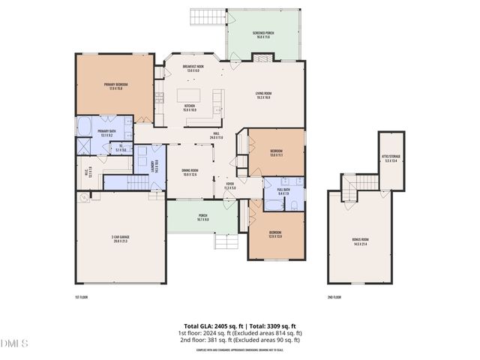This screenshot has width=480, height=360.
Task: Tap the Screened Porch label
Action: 262,35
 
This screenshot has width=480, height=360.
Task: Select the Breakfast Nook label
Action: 194,69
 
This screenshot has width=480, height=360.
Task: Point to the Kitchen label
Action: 190,107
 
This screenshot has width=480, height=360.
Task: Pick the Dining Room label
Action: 190,172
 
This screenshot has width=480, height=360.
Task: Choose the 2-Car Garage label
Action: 119,240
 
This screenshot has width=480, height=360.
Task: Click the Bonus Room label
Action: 361,242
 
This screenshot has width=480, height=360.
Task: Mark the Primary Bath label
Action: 106,132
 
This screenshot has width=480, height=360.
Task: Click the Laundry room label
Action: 154,165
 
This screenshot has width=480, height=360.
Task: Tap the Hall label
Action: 216,136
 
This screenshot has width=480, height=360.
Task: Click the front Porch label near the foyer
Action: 202,217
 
